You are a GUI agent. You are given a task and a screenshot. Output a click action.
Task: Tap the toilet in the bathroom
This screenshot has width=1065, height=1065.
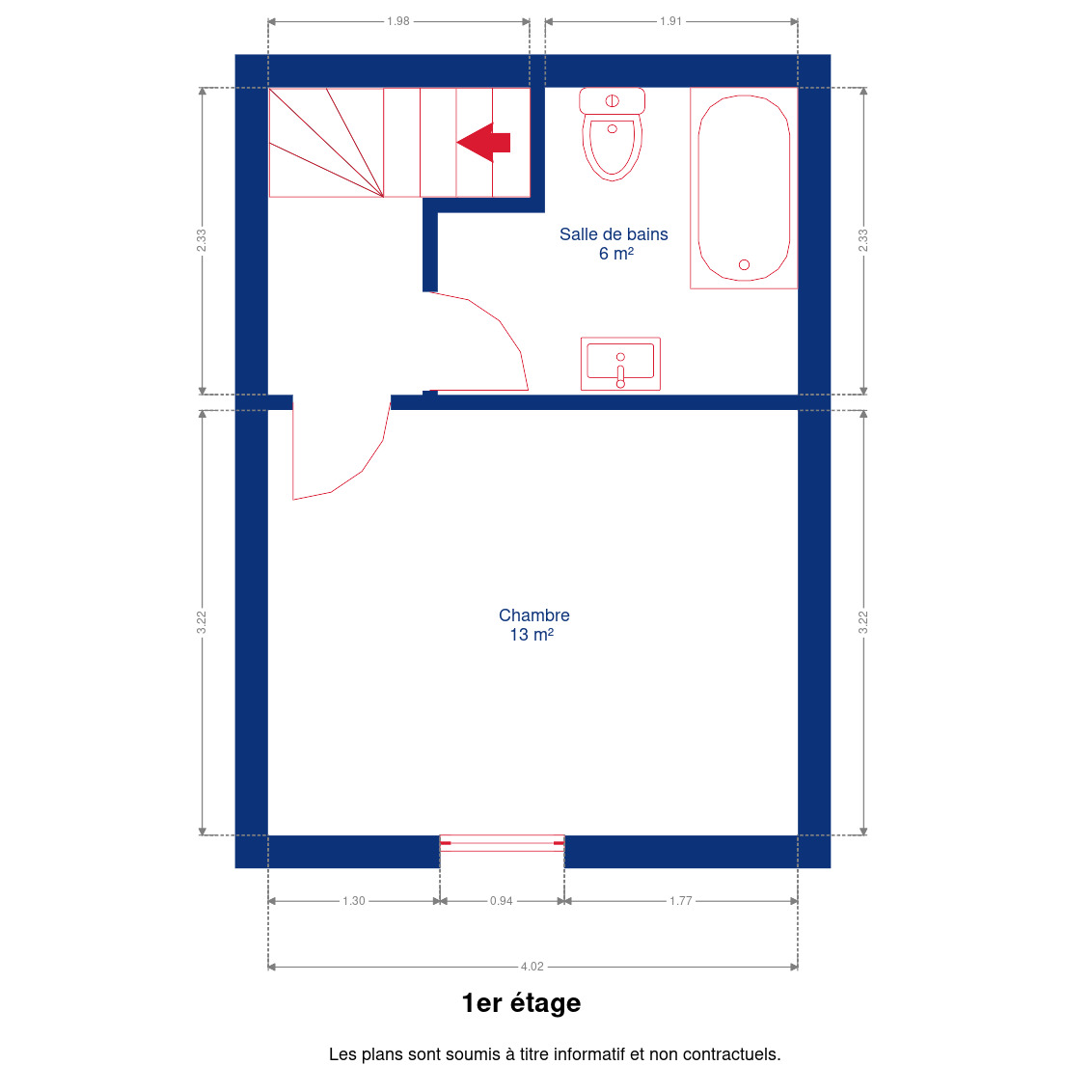(612, 134)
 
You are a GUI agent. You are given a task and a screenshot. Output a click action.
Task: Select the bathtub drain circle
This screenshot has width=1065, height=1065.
(744, 265)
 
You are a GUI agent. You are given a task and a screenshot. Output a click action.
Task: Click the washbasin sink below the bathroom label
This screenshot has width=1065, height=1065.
(620, 364)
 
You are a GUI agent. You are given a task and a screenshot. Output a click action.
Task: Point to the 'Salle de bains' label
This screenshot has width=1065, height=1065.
(614, 234)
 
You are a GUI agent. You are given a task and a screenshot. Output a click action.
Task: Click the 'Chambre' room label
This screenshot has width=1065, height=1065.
(533, 615)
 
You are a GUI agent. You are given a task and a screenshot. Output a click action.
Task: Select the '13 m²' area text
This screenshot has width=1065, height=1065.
(532, 635)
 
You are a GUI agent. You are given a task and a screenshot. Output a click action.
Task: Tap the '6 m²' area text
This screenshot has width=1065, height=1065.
(616, 254)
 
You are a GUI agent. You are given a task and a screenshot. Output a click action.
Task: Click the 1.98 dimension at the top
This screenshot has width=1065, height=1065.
(398, 21)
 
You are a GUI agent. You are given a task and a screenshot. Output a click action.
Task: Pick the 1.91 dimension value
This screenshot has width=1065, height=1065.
(670, 21)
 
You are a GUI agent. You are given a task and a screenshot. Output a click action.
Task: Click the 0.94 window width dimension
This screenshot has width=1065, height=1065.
(502, 901)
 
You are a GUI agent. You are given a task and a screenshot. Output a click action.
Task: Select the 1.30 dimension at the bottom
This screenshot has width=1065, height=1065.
(353, 901)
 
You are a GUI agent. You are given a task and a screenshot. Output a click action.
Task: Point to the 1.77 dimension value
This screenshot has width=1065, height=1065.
(680, 901)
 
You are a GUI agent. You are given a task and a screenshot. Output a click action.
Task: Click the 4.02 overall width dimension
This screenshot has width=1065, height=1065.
(532, 967)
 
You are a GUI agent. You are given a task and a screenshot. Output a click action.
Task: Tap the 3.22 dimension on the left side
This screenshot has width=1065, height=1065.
(202, 623)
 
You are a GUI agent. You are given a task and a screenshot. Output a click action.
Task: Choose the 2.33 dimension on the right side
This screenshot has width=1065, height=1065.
(863, 240)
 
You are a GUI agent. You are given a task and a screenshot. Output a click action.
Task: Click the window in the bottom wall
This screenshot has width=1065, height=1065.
(502, 843)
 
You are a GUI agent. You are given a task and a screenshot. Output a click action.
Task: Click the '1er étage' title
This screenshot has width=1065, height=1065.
(521, 1003)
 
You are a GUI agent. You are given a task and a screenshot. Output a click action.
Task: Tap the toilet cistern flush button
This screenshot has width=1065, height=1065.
(612, 101)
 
